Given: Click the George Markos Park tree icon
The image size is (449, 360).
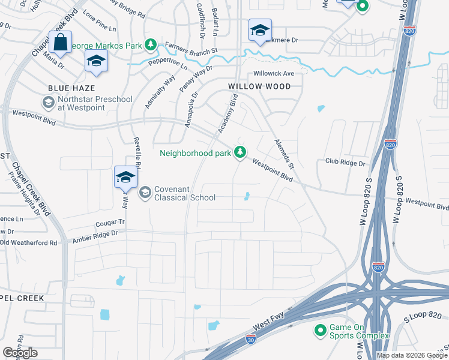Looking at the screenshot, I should coord(150,45).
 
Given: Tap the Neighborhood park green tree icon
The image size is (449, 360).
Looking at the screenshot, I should coord(240,152).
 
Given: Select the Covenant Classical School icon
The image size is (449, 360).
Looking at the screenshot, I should coord(144,193).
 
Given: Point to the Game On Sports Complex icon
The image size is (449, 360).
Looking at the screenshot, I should coord(320,331).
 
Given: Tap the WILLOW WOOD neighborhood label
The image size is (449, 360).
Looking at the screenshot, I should coord(259,86).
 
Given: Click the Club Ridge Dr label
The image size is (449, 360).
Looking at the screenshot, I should coord(345,163).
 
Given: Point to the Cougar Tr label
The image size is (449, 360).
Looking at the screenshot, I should coord(110,223).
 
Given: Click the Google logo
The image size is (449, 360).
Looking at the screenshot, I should coord(20,353).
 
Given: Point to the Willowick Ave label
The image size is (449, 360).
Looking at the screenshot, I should coord(273,73).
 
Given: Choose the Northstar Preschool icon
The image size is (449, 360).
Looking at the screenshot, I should coord(47,103).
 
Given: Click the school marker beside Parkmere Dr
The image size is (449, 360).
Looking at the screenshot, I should coord(260,31).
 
